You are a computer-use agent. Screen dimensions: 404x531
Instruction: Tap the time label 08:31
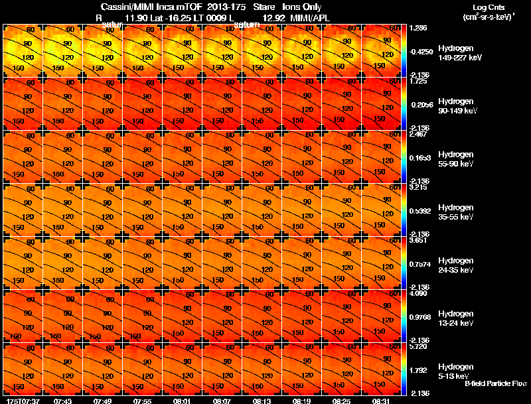[381, 401]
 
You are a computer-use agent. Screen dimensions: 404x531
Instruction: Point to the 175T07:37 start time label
[21, 401]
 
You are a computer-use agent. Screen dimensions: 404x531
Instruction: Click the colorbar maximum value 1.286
[419, 29]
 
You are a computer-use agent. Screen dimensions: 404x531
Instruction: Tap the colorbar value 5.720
[419, 347]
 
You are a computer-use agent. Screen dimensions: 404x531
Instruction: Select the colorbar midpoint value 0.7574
[420, 263]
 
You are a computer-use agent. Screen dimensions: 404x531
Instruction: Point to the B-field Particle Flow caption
[496, 383]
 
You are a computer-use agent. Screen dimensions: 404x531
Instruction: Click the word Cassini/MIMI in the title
[119, 7]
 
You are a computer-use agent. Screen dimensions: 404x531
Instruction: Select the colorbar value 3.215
[419, 188]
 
